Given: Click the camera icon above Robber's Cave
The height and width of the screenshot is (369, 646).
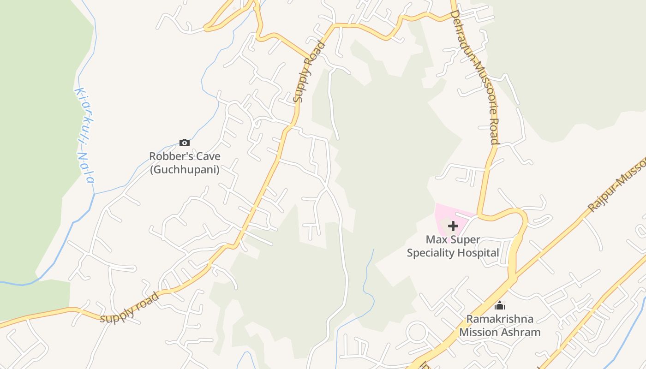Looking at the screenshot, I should click(x=184, y=143).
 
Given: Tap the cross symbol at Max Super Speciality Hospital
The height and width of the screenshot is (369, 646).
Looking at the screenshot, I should click(x=453, y=226).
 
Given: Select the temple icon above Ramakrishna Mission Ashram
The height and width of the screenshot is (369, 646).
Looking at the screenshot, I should click(x=500, y=305).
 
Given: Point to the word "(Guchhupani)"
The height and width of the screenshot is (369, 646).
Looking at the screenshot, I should click(x=185, y=169).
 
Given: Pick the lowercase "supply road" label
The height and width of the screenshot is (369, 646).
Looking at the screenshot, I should click(x=129, y=308).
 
